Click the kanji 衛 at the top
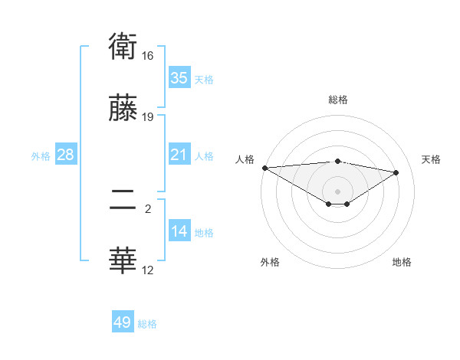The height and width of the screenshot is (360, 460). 123,48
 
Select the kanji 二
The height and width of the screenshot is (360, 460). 123,202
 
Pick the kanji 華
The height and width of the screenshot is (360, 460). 123,261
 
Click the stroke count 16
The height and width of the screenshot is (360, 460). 147,56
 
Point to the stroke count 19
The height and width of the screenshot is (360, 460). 147,116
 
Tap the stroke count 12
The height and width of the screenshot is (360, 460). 147,270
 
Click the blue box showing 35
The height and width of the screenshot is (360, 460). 179,78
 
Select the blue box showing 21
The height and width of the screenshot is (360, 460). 179,155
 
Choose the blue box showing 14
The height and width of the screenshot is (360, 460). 179,231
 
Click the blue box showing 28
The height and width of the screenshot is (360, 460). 66,155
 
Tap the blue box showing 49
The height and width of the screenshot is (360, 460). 123,322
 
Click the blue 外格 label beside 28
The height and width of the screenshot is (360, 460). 41,155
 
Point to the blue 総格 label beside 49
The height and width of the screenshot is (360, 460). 147,324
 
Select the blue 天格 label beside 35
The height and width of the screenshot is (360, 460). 204,79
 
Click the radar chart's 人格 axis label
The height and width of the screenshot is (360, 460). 244,159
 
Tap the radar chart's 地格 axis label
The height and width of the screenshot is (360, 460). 402,262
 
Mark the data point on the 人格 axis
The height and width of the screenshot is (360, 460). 264,168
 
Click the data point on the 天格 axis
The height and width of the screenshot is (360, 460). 396,172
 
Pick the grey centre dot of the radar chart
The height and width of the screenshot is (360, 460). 337,191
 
